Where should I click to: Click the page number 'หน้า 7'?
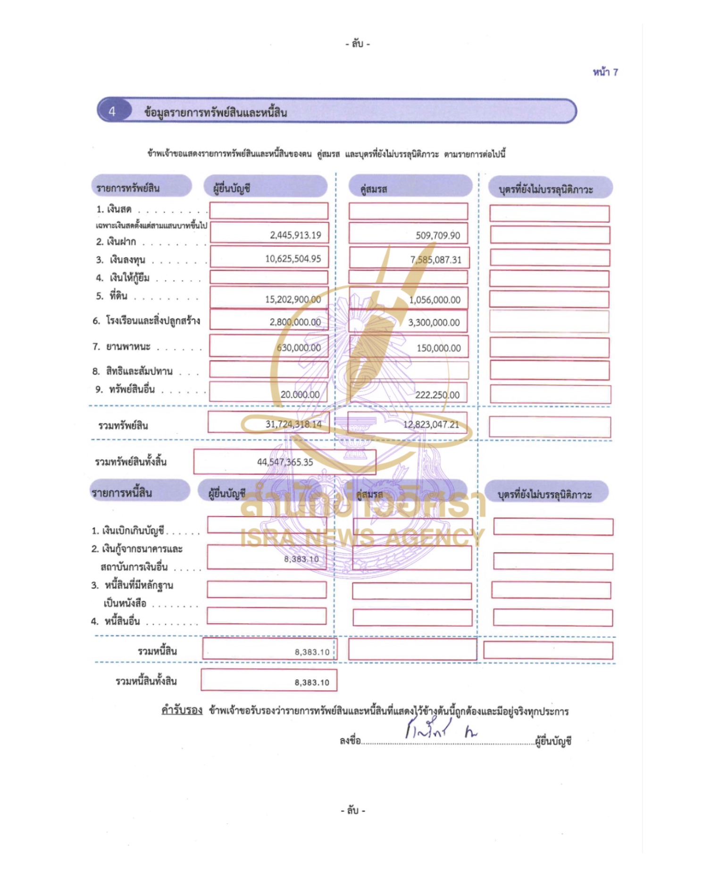click(605, 72)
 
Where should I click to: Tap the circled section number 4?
click(112, 111)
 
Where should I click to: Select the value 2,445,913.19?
click(295, 235)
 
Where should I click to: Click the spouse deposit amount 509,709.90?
click(437, 236)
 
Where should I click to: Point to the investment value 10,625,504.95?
click(293, 259)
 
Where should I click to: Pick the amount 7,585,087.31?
click(435, 260)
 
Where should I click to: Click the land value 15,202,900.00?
click(293, 299)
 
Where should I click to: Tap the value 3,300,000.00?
click(434, 322)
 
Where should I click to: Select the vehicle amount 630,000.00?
click(299, 347)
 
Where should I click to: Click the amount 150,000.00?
click(438, 348)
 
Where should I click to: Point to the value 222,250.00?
click(437, 395)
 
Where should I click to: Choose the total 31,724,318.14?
click(293, 424)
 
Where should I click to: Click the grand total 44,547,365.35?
click(285, 462)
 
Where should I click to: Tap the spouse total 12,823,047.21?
click(431, 424)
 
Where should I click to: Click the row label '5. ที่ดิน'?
click(112, 296)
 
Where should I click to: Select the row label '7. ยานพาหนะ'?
click(122, 347)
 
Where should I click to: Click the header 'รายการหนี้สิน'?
click(122, 493)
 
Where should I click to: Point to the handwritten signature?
click(439, 730)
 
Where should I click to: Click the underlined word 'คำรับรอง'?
click(182, 710)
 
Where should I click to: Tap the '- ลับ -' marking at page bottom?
click(353, 811)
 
